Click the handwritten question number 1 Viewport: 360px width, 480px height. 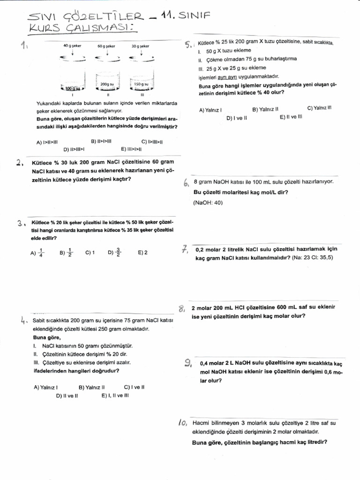(24, 46)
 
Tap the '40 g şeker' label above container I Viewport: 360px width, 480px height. (72, 46)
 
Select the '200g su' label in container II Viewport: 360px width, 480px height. (107, 84)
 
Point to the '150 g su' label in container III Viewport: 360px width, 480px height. (141, 84)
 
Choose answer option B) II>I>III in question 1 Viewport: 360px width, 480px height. (101, 141)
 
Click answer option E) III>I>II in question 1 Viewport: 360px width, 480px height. (131, 149)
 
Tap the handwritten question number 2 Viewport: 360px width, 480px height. (19, 163)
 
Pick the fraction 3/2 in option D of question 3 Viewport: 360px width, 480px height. (118, 253)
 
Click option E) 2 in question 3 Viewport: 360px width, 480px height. (142, 253)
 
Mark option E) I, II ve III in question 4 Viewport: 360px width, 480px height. (115, 395)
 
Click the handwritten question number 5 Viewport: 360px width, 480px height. (188, 45)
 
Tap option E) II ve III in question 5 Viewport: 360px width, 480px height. (291, 117)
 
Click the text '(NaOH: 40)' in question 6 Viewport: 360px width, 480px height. (208, 202)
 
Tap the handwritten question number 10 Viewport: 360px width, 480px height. (183, 423)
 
